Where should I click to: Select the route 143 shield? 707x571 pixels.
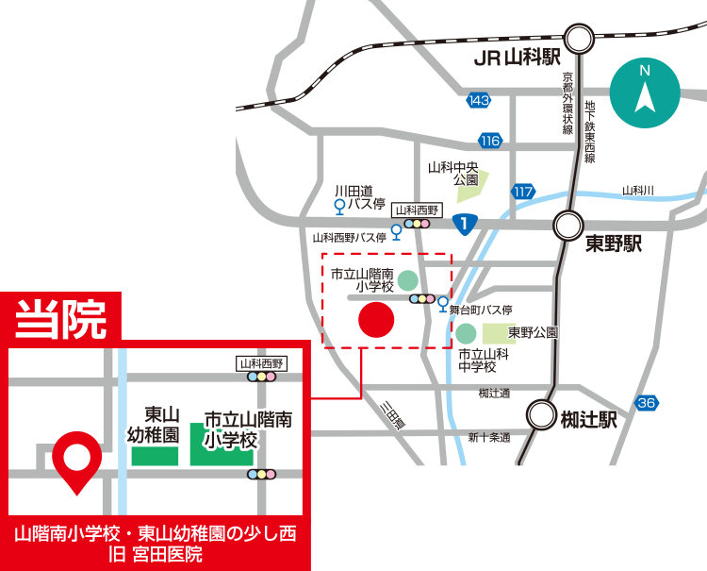479,99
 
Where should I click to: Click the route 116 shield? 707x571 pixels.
488,141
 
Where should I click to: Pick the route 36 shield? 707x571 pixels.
646,403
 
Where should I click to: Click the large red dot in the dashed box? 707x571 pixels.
375,319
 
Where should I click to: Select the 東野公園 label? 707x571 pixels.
534,332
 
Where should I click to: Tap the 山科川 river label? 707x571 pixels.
637,190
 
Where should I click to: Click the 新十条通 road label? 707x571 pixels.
488,437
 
